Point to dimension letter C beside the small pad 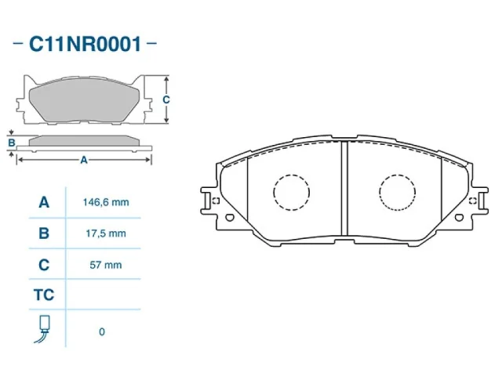[166, 99]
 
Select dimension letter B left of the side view [11, 143]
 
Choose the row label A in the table [44, 202]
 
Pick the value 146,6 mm [106, 202]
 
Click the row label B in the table [44, 233]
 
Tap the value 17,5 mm [106, 233]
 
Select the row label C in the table [44, 265]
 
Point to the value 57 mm [106, 265]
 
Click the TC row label [44, 295]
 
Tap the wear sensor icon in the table [44, 329]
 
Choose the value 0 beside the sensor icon [102, 331]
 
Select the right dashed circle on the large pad [398, 192]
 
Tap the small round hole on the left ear [230, 218]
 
